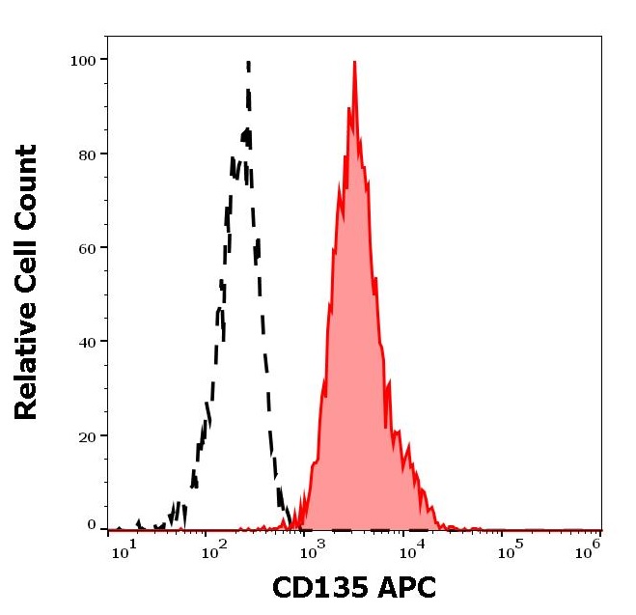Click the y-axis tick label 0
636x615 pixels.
pos(91,525)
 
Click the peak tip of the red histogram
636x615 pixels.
pos(355,63)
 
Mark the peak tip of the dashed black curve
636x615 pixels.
pos(248,64)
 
